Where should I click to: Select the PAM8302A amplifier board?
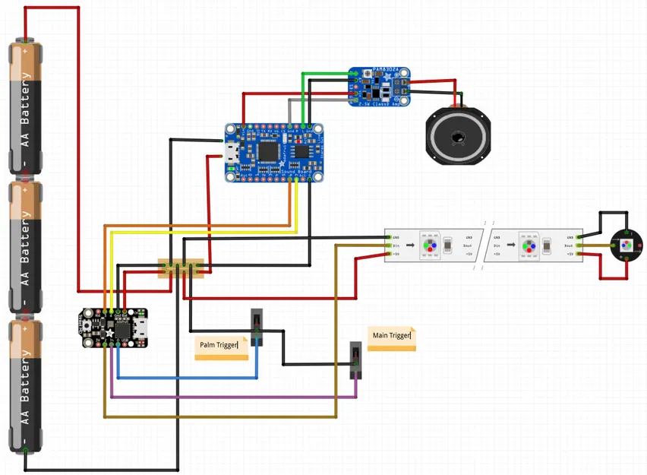click(x=379, y=87)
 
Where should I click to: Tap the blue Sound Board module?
click(x=274, y=153)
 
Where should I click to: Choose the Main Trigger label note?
click(x=391, y=337)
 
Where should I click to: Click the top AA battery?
click(x=26, y=106)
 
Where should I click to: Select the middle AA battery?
click(x=26, y=247)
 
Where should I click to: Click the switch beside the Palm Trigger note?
click(x=257, y=327)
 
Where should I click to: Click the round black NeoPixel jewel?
click(x=626, y=245)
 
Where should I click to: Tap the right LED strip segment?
click(x=535, y=245)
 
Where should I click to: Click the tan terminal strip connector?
click(x=181, y=268)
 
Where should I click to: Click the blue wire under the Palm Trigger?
click(x=186, y=378)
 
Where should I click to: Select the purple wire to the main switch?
click(x=228, y=397)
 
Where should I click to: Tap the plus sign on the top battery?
click(x=26, y=52)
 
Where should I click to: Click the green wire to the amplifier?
click(x=327, y=74)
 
